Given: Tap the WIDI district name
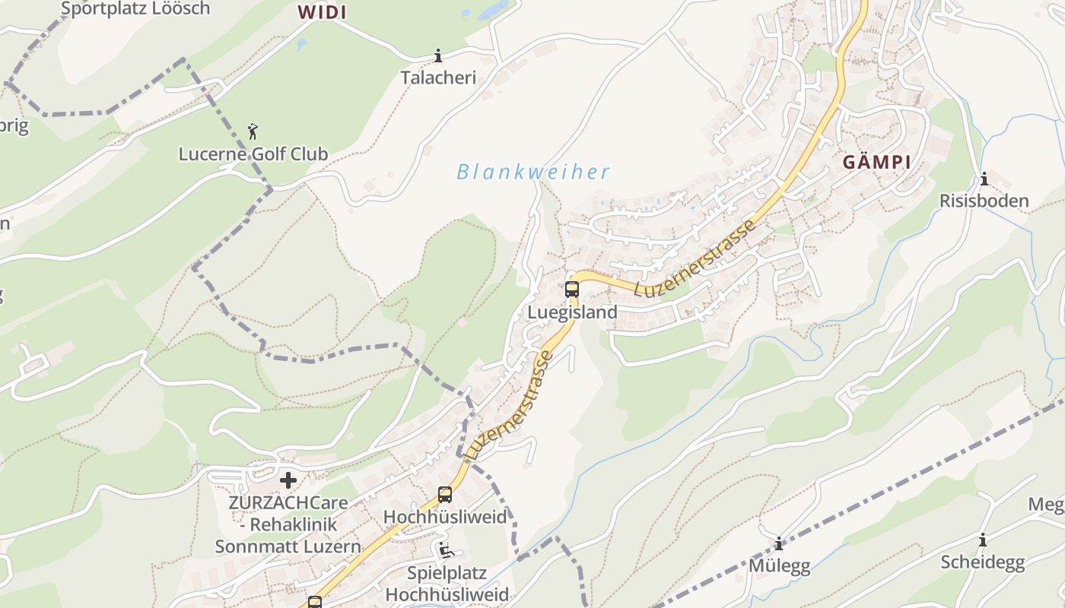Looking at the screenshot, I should coord(322,12).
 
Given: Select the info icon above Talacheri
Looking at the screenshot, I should coord(438,55).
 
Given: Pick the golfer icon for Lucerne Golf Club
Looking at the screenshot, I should coord(253,131).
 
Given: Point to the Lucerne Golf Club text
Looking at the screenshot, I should coord(253,154).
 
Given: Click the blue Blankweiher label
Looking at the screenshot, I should coord(532,173).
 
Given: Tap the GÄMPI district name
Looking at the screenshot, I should coord(876,163).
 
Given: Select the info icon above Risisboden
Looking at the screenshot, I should coord(984,179).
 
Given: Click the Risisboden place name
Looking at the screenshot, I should coord(984,201).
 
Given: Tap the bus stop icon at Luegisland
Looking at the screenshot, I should coord(572,290).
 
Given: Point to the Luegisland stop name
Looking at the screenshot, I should coord(572,312).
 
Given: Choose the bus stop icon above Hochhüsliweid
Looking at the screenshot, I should coord(445,495).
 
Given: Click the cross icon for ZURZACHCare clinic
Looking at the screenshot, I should coord(288,480).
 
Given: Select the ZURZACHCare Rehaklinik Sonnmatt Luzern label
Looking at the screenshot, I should coord(288,524).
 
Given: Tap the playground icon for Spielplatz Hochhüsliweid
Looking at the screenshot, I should coord(447,549).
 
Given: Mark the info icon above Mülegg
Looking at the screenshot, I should coord(779,544).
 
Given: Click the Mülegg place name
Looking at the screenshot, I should coord(779,566).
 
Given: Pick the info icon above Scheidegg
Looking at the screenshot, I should coord(983,540).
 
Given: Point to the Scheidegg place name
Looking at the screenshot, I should coord(983,562).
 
